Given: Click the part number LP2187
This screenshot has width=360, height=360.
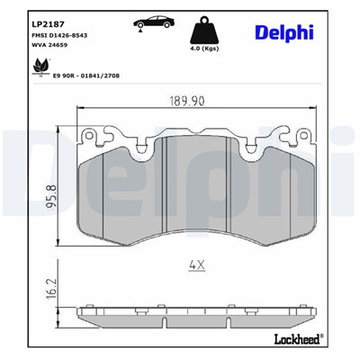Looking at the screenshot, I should pos(45,21).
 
